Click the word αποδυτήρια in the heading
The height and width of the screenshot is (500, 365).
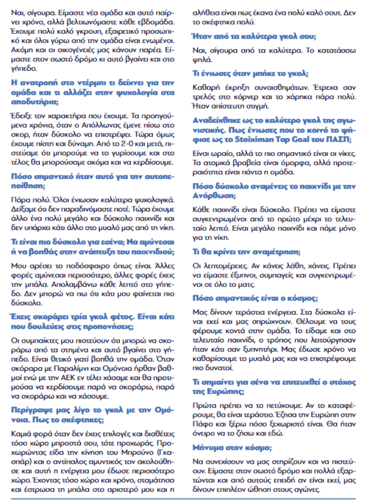coord(30,100)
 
